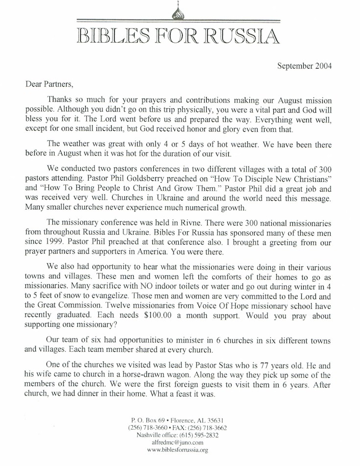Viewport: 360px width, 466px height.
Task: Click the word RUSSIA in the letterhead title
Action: point(241,36)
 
